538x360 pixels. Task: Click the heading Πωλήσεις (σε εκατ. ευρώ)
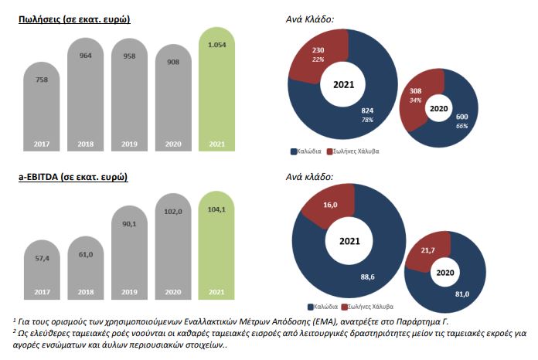pos(74,19)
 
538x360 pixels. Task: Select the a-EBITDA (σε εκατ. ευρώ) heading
pos(73,177)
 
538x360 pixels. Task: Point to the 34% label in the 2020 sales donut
pos(416,100)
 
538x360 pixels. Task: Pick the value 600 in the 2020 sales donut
pos(461,116)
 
